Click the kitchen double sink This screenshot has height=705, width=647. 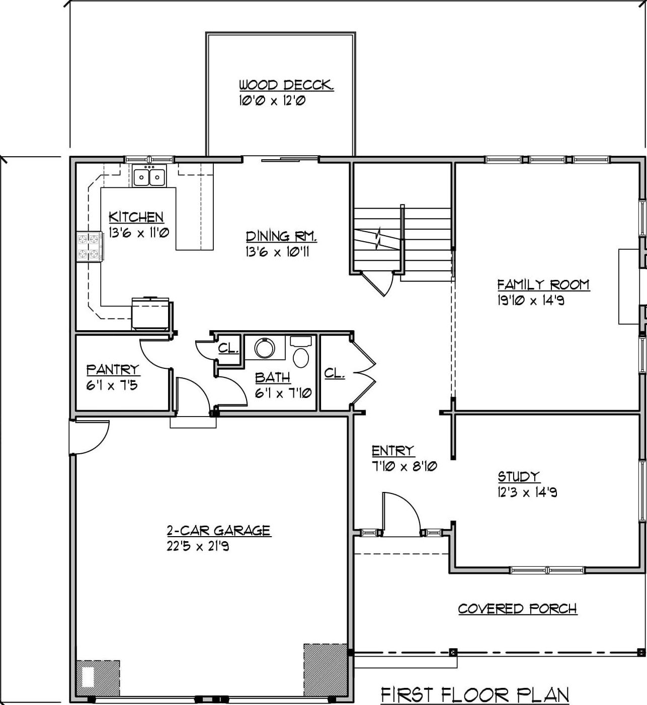click(x=149, y=177)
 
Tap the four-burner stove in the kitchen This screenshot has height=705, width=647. click(x=90, y=246)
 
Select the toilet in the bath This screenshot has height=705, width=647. click(x=301, y=354)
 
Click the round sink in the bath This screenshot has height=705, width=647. click(x=264, y=348)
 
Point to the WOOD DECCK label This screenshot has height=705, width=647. click(x=286, y=85)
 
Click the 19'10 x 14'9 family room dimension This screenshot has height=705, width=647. click(x=530, y=300)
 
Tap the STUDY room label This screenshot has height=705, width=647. click(x=519, y=476)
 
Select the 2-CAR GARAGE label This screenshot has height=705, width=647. click(x=219, y=530)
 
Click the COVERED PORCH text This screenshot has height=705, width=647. click(x=517, y=609)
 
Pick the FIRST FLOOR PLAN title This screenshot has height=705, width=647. click(x=475, y=695)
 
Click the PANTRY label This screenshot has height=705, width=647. click(x=113, y=369)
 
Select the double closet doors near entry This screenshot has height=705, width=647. click(x=363, y=372)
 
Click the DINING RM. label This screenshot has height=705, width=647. click(x=281, y=236)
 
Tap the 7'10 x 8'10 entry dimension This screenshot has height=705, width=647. click(x=404, y=466)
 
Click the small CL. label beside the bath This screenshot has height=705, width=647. click(x=228, y=348)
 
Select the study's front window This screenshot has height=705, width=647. click(x=547, y=570)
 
